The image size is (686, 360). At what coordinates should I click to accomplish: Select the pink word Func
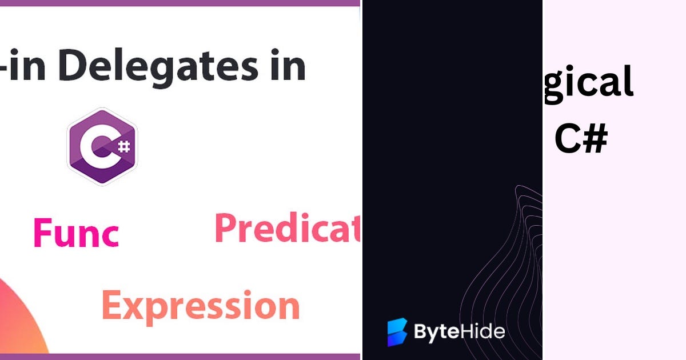76,233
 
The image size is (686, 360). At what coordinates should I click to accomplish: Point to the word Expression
201,306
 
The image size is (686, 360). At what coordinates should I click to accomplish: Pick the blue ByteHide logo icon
397,332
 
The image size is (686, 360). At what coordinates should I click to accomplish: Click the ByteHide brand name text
459,332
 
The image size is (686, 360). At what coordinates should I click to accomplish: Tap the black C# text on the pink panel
580,140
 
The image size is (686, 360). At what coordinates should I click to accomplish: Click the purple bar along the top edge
180,3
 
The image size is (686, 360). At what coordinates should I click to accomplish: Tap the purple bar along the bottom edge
180,357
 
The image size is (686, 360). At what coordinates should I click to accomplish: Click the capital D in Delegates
37,66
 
